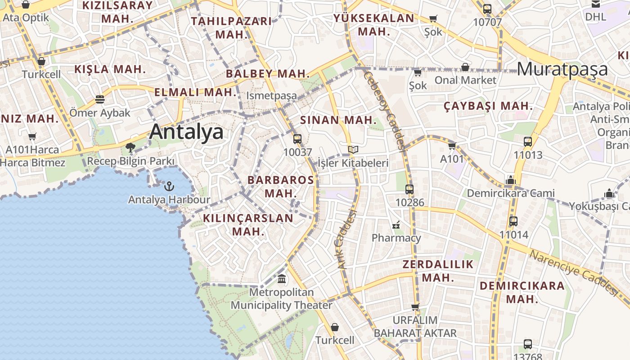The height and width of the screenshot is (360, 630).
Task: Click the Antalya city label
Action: pyautogui.click(x=186, y=132)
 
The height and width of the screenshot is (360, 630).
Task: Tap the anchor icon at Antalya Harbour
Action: pyautogui.click(x=169, y=186)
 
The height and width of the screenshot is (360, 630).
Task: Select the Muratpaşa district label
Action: pyautogui.click(x=562, y=69)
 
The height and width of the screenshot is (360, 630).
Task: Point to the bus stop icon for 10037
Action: pyautogui.click(x=297, y=139)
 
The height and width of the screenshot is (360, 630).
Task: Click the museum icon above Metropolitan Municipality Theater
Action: pyautogui.click(x=282, y=279)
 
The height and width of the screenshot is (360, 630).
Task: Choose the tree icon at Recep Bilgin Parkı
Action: pyautogui.click(x=130, y=147)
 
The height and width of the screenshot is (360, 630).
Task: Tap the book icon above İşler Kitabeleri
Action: pyautogui.click(x=353, y=150)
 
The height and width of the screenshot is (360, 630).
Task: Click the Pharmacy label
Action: pyautogui.click(x=396, y=238)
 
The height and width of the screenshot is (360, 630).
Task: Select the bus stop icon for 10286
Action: pyautogui.click(x=409, y=189)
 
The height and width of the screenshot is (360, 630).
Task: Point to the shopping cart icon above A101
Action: pyautogui.click(x=452, y=146)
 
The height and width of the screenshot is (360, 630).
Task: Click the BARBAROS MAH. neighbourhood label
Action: pyautogui.click(x=281, y=186)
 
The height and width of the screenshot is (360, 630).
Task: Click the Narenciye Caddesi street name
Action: pyautogui.click(x=574, y=272)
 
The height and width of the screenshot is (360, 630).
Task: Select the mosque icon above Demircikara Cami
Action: pyautogui.click(x=510, y=180)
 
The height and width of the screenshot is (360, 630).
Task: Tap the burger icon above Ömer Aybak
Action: pyautogui.click(x=100, y=99)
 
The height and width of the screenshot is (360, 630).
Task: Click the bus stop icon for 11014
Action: pyautogui.click(x=513, y=221)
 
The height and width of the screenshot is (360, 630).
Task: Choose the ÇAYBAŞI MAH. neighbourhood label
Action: pyautogui.click(x=488, y=107)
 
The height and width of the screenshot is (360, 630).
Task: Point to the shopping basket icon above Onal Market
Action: pyautogui.click(x=465, y=67)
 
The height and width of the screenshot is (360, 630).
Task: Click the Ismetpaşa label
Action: pyautogui.click(x=271, y=95)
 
